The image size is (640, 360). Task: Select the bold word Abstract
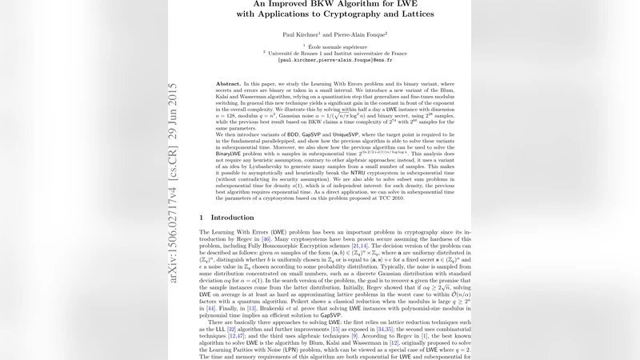click(228, 84)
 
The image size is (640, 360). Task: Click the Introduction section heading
click(232, 217)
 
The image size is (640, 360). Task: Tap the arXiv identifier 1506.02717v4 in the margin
click(174, 235)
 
